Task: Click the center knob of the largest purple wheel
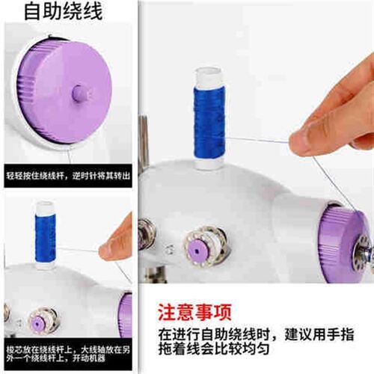(x=79, y=93)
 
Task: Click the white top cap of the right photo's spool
(x=209, y=76)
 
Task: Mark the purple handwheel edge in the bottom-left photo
(x=125, y=314)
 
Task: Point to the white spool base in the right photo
(x=209, y=163)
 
